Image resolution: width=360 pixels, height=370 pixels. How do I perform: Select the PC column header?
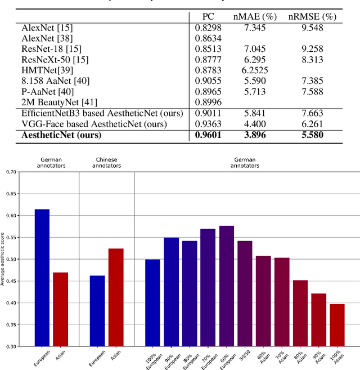208,17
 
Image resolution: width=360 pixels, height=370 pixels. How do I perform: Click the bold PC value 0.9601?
208,135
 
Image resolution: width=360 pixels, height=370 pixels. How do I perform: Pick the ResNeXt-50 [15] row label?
48,59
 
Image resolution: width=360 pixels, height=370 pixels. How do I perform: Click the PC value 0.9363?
208,123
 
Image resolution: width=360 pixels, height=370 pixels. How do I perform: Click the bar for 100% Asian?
336,325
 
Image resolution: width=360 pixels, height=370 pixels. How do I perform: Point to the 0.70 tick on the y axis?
11,172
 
